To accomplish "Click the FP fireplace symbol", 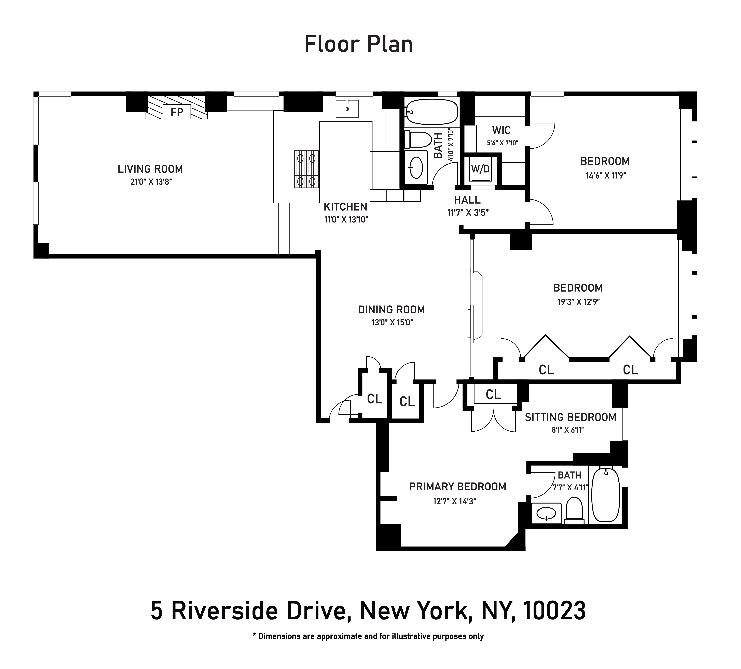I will pos(177,112).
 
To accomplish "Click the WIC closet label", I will pos(501,130).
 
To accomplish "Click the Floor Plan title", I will pos(359,44).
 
